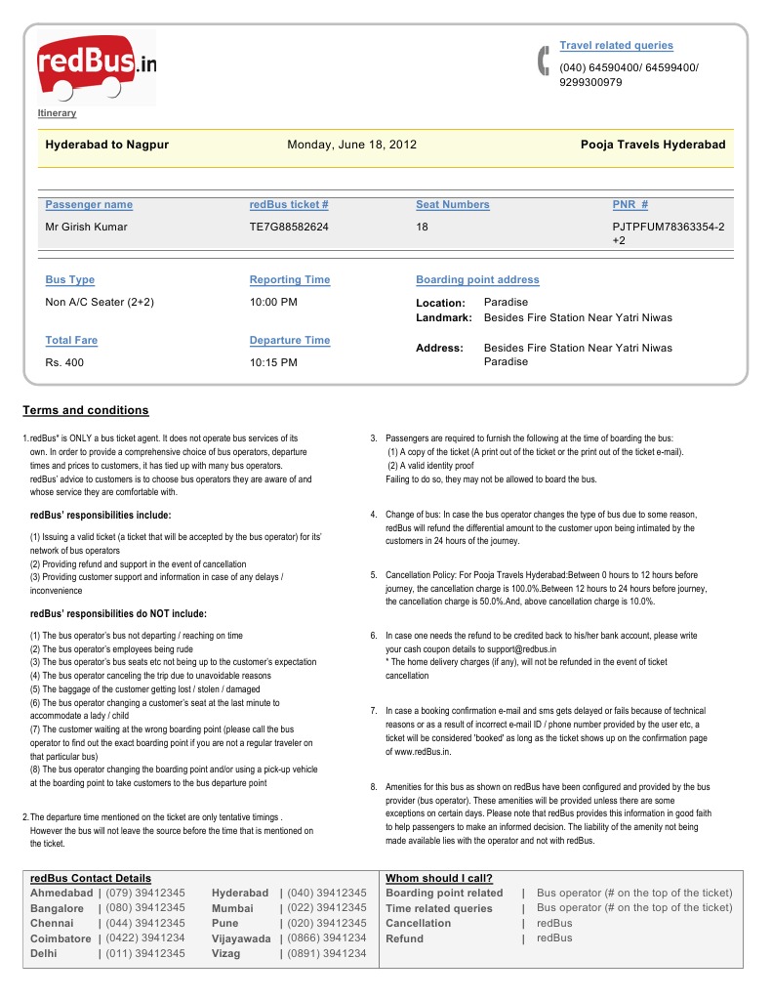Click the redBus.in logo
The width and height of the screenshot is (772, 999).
(x=96, y=67)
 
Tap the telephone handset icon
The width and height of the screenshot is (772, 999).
(x=544, y=61)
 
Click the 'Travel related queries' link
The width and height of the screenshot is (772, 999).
(x=616, y=46)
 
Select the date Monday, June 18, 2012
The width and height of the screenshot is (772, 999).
(x=351, y=145)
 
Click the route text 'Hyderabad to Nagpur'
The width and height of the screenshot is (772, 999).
(x=107, y=145)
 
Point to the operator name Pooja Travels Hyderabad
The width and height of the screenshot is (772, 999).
(x=653, y=145)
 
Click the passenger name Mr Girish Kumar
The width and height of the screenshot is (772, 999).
(x=86, y=228)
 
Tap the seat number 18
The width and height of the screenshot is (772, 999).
(x=423, y=228)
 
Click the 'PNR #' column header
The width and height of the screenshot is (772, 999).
(x=630, y=205)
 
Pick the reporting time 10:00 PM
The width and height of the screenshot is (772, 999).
(x=273, y=303)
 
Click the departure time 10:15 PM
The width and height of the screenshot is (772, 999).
(x=273, y=362)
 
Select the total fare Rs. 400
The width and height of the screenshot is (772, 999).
(x=65, y=362)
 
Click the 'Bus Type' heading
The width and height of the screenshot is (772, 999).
(x=70, y=280)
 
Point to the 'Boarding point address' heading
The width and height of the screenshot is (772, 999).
(x=477, y=280)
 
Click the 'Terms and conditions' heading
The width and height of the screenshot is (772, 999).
(x=86, y=410)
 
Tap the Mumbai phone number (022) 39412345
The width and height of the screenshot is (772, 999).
(x=327, y=908)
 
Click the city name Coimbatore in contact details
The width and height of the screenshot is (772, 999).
(x=61, y=938)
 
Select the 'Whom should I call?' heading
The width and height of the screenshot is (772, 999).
(x=439, y=878)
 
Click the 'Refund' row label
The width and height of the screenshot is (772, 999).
(x=405, y=938)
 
